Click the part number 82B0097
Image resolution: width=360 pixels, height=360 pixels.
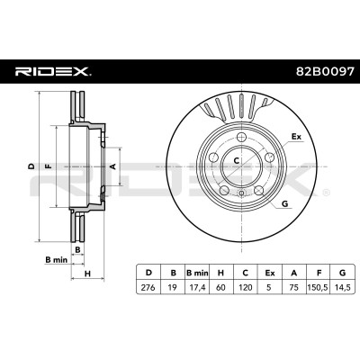(325, 72)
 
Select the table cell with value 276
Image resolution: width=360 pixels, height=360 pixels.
(148, 287)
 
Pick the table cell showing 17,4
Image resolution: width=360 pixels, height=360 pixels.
(197, 287)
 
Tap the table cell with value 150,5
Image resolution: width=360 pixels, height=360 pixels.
(319, 287)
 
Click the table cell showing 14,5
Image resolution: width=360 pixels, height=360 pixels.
(342, 287)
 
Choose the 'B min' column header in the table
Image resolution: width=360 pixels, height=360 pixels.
(197, 273)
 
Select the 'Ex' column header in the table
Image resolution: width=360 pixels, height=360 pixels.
(270, 273)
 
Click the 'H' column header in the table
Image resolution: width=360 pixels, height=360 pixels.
(221, 273)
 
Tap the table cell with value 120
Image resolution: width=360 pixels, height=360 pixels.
(246, 287)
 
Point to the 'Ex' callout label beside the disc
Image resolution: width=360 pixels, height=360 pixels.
(296, 137)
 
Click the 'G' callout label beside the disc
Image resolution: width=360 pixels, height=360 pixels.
(285, 204)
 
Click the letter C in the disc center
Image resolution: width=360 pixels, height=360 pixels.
(237, 160)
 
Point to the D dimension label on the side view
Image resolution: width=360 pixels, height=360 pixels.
(31, 166)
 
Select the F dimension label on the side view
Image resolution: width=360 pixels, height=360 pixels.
(48, 166)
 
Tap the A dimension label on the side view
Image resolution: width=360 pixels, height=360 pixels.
(113, 166)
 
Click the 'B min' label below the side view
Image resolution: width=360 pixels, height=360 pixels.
(57, 260)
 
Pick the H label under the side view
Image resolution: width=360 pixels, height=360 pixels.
(87, 274)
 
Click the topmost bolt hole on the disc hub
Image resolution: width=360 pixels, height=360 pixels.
(241, 138)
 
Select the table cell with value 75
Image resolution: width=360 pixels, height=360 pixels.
(294, 287)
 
